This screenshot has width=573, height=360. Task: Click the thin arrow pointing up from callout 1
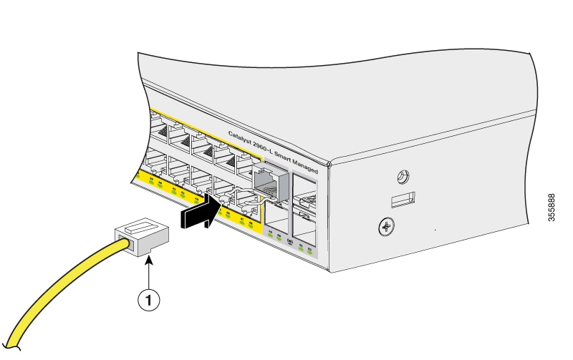tap(148, 276)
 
